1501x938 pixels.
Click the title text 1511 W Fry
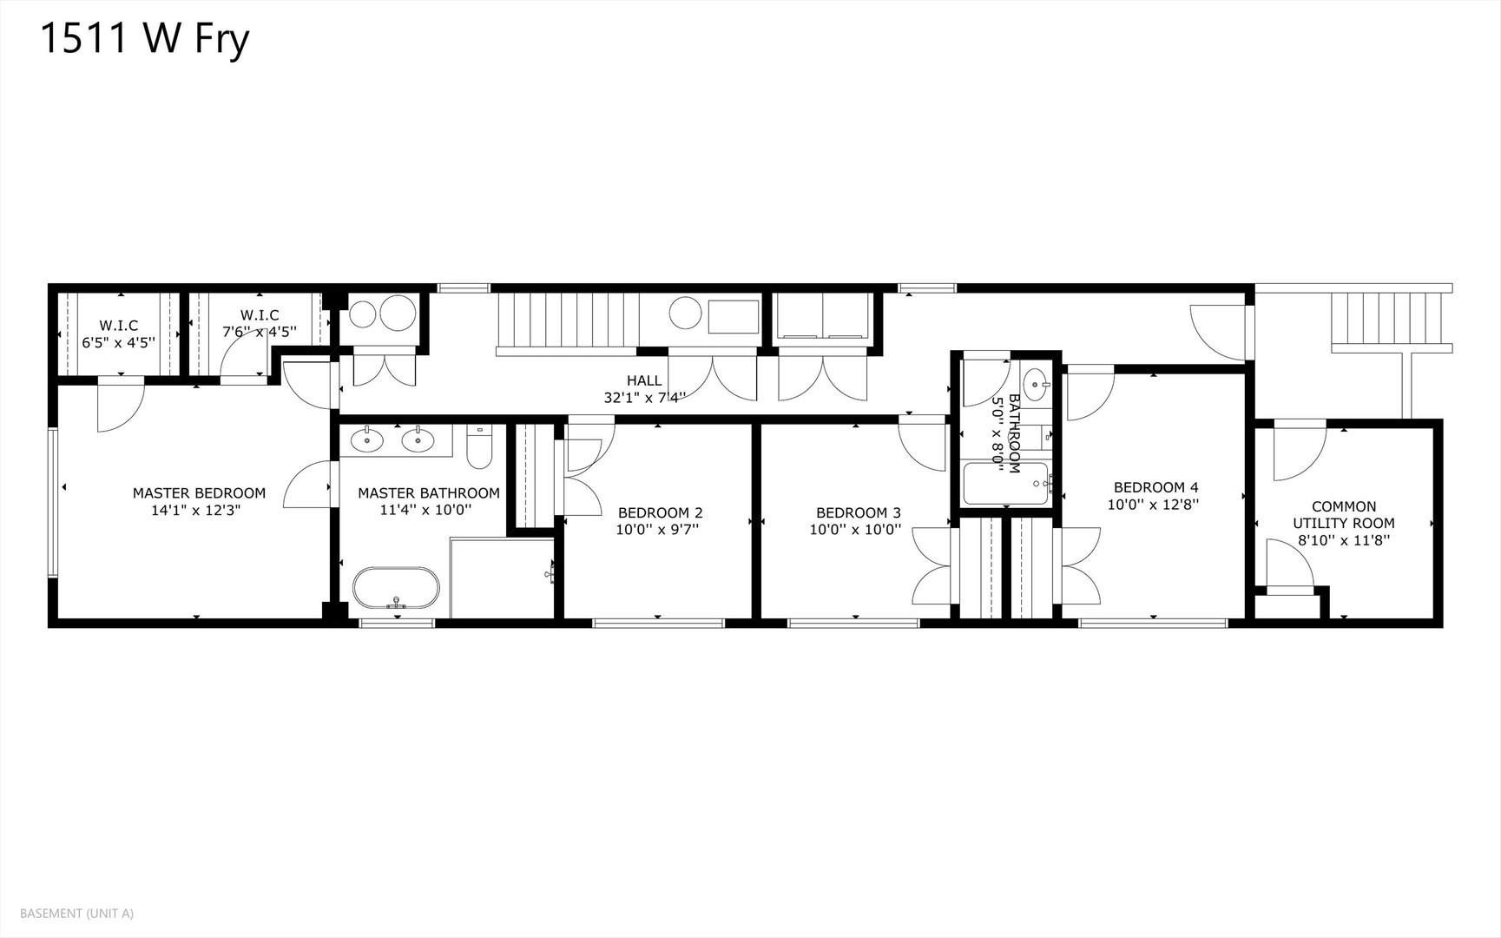(145, 40)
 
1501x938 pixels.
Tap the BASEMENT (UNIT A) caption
(76, 913)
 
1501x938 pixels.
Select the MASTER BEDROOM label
(199, 493)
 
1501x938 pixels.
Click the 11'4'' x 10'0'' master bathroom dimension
(425, 510)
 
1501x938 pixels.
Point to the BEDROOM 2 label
(660, 512)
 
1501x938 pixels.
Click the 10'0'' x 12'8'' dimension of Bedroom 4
(1153, 504)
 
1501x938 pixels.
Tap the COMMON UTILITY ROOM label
(1343, 515)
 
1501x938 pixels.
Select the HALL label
(644, 380)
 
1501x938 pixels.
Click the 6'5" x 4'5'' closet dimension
(118, 342)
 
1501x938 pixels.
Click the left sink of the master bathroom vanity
(368, 439)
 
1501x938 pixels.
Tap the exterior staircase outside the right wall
(1389, 320)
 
